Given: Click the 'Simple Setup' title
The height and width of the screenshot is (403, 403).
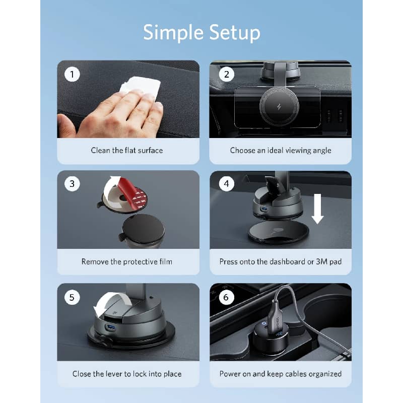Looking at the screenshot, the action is coord(201,33).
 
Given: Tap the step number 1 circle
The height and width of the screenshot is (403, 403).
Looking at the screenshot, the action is coord(72,74).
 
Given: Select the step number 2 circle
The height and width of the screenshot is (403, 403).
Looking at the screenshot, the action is coord(226,74).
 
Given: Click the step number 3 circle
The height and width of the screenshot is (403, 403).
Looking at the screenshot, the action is coord(72,183).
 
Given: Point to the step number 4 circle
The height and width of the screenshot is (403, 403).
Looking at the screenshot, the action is coord(226,183).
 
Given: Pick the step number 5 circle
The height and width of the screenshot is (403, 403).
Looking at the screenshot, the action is coord(72,297).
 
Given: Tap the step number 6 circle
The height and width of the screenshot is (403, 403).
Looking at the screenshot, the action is coord(226,297).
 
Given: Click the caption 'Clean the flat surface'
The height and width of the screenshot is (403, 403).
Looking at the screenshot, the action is coord(127,150).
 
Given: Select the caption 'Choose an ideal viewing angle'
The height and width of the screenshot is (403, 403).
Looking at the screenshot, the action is coord(281,150).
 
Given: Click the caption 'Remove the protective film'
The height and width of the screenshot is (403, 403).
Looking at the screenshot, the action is coord(127,261).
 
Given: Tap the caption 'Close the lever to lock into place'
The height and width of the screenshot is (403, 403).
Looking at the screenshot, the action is coord(127,374).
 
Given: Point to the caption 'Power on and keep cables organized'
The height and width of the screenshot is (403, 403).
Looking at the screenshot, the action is coord(281,374).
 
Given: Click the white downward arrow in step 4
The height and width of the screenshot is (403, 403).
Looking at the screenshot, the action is coord(318,209).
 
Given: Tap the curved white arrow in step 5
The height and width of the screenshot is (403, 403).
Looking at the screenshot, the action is coord(108,303).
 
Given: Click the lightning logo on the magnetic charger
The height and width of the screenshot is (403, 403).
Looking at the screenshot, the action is coord(279,107).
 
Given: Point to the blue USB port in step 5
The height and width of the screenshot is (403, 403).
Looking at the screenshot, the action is coord(110,327).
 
